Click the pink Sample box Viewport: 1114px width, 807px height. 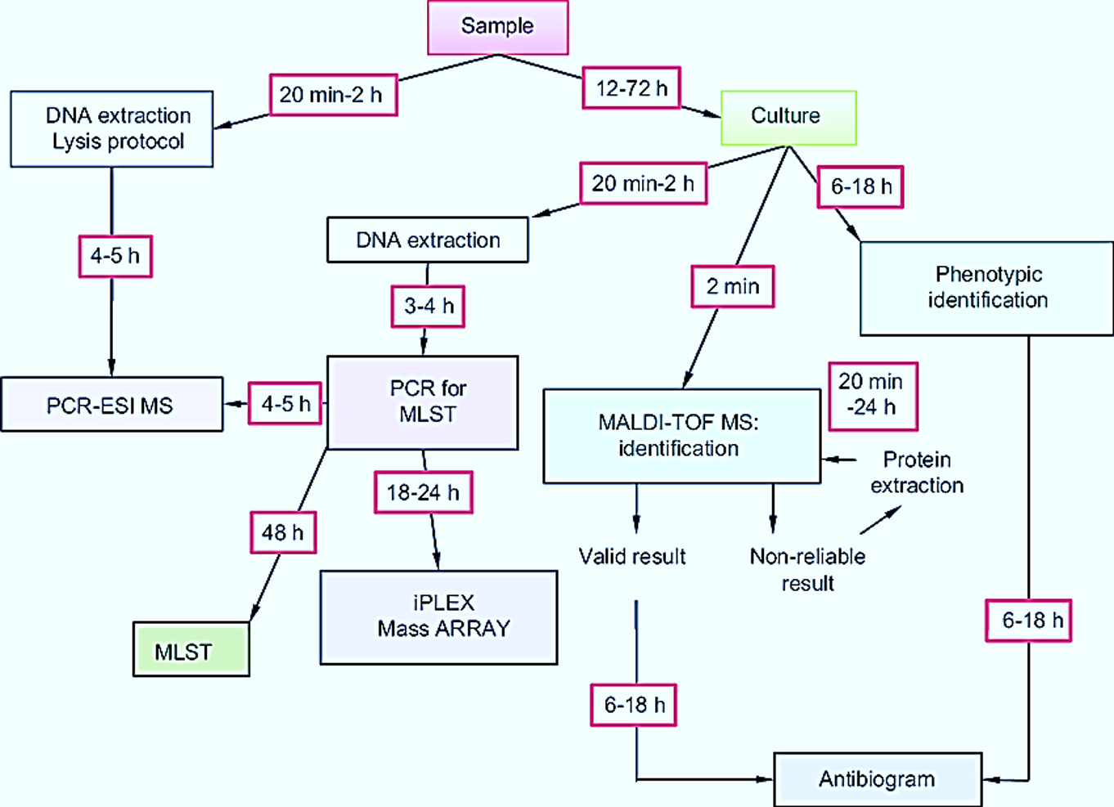pyautogui.click(x=497, y=27)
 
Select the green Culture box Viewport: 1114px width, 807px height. pyautogui.click(x=788, y=117)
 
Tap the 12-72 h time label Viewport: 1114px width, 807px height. pyautogui.click(x=631, y=87)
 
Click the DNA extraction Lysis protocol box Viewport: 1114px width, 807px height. pyautogui.click(x=112, y=129)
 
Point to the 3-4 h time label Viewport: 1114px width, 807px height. pyautogui.click(x=428, y=307)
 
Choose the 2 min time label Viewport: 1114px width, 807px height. pyautogui.click(x=732, y=286)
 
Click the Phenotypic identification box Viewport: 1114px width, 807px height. pyautogui.click(x=986, y=288)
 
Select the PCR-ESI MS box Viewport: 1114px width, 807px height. pyautogui.click(x=111, y=405)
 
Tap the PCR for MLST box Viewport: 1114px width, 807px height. pyautogui.click(x=423, y=401)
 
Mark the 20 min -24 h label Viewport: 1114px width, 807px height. pyautogui.click(x=872, y=396)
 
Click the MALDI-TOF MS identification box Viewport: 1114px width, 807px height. pyautogui.click(x=681, y=435)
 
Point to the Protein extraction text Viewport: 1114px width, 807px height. pyautogui.click(x=916, y=473)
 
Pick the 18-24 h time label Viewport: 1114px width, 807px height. pyautogui.click(x=423, y=492)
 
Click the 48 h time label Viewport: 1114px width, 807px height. pyautogui.click(x=282, y=533)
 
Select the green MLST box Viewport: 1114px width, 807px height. pyautogui.click(x=191, y=650)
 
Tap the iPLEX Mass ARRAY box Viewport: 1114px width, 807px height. pyautogui.click(x=438, y=616)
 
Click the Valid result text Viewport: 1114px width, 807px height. pyautogui.click(x=632, y=557)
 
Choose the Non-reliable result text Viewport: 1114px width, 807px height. pyautogui.click(x=807, y=569)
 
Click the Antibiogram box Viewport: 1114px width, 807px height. pyautogui.click(x=877, y=779)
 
